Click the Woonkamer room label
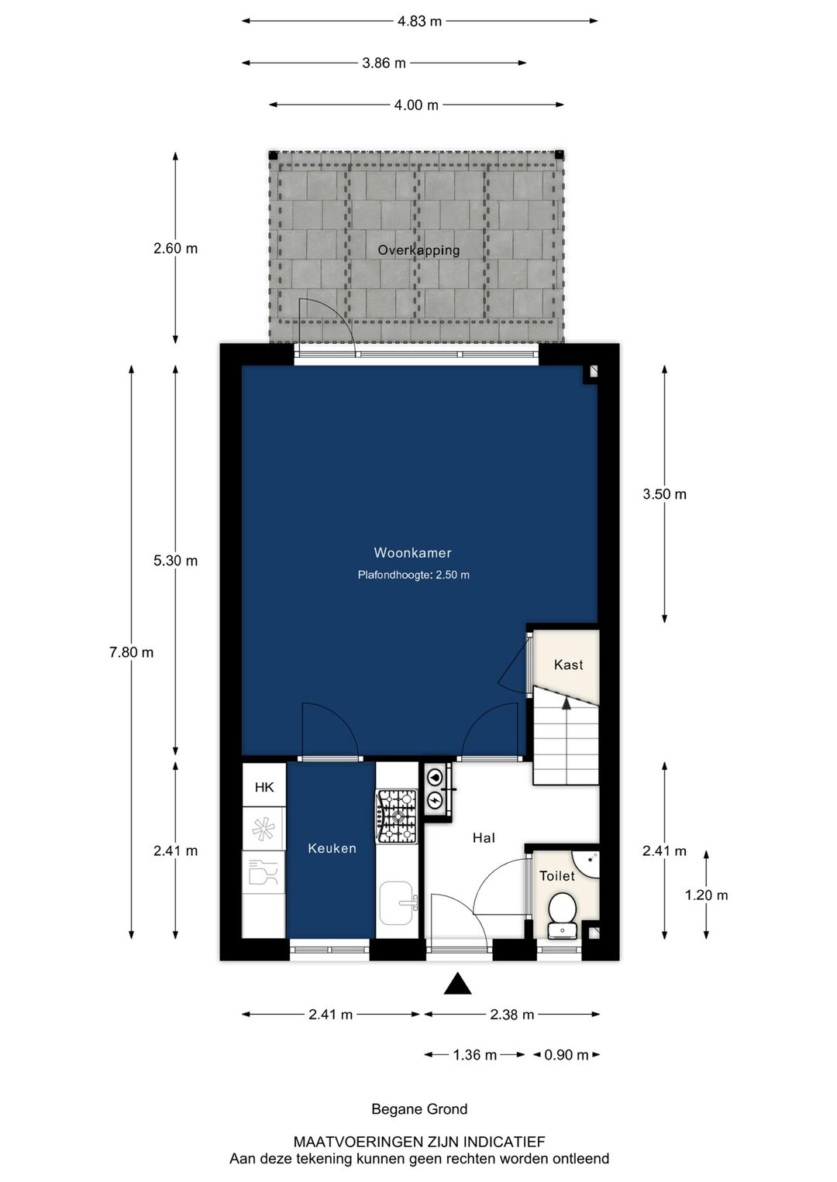tap(412, 552)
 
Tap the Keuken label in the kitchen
tap(332, 848)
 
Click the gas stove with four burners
tap(397, 816)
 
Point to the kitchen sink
tap(397, 903)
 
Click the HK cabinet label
tap(264, 787)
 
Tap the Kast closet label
tap(568, 665)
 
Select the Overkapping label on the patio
tap(418, 250)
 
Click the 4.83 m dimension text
tap(419, 21)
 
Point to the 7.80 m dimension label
tap(132, 652)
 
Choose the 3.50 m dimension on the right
tap(664, 494)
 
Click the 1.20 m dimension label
tap(706, 895)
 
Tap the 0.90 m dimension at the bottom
tap(567, 1054)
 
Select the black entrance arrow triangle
tap(458, 984)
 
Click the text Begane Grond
tap(419, 1109)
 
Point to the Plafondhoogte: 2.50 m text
tap(413, 575)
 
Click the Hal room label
tap(484, 837)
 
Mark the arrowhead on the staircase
tap(567, 703)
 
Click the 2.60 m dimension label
tap(176, 249)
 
